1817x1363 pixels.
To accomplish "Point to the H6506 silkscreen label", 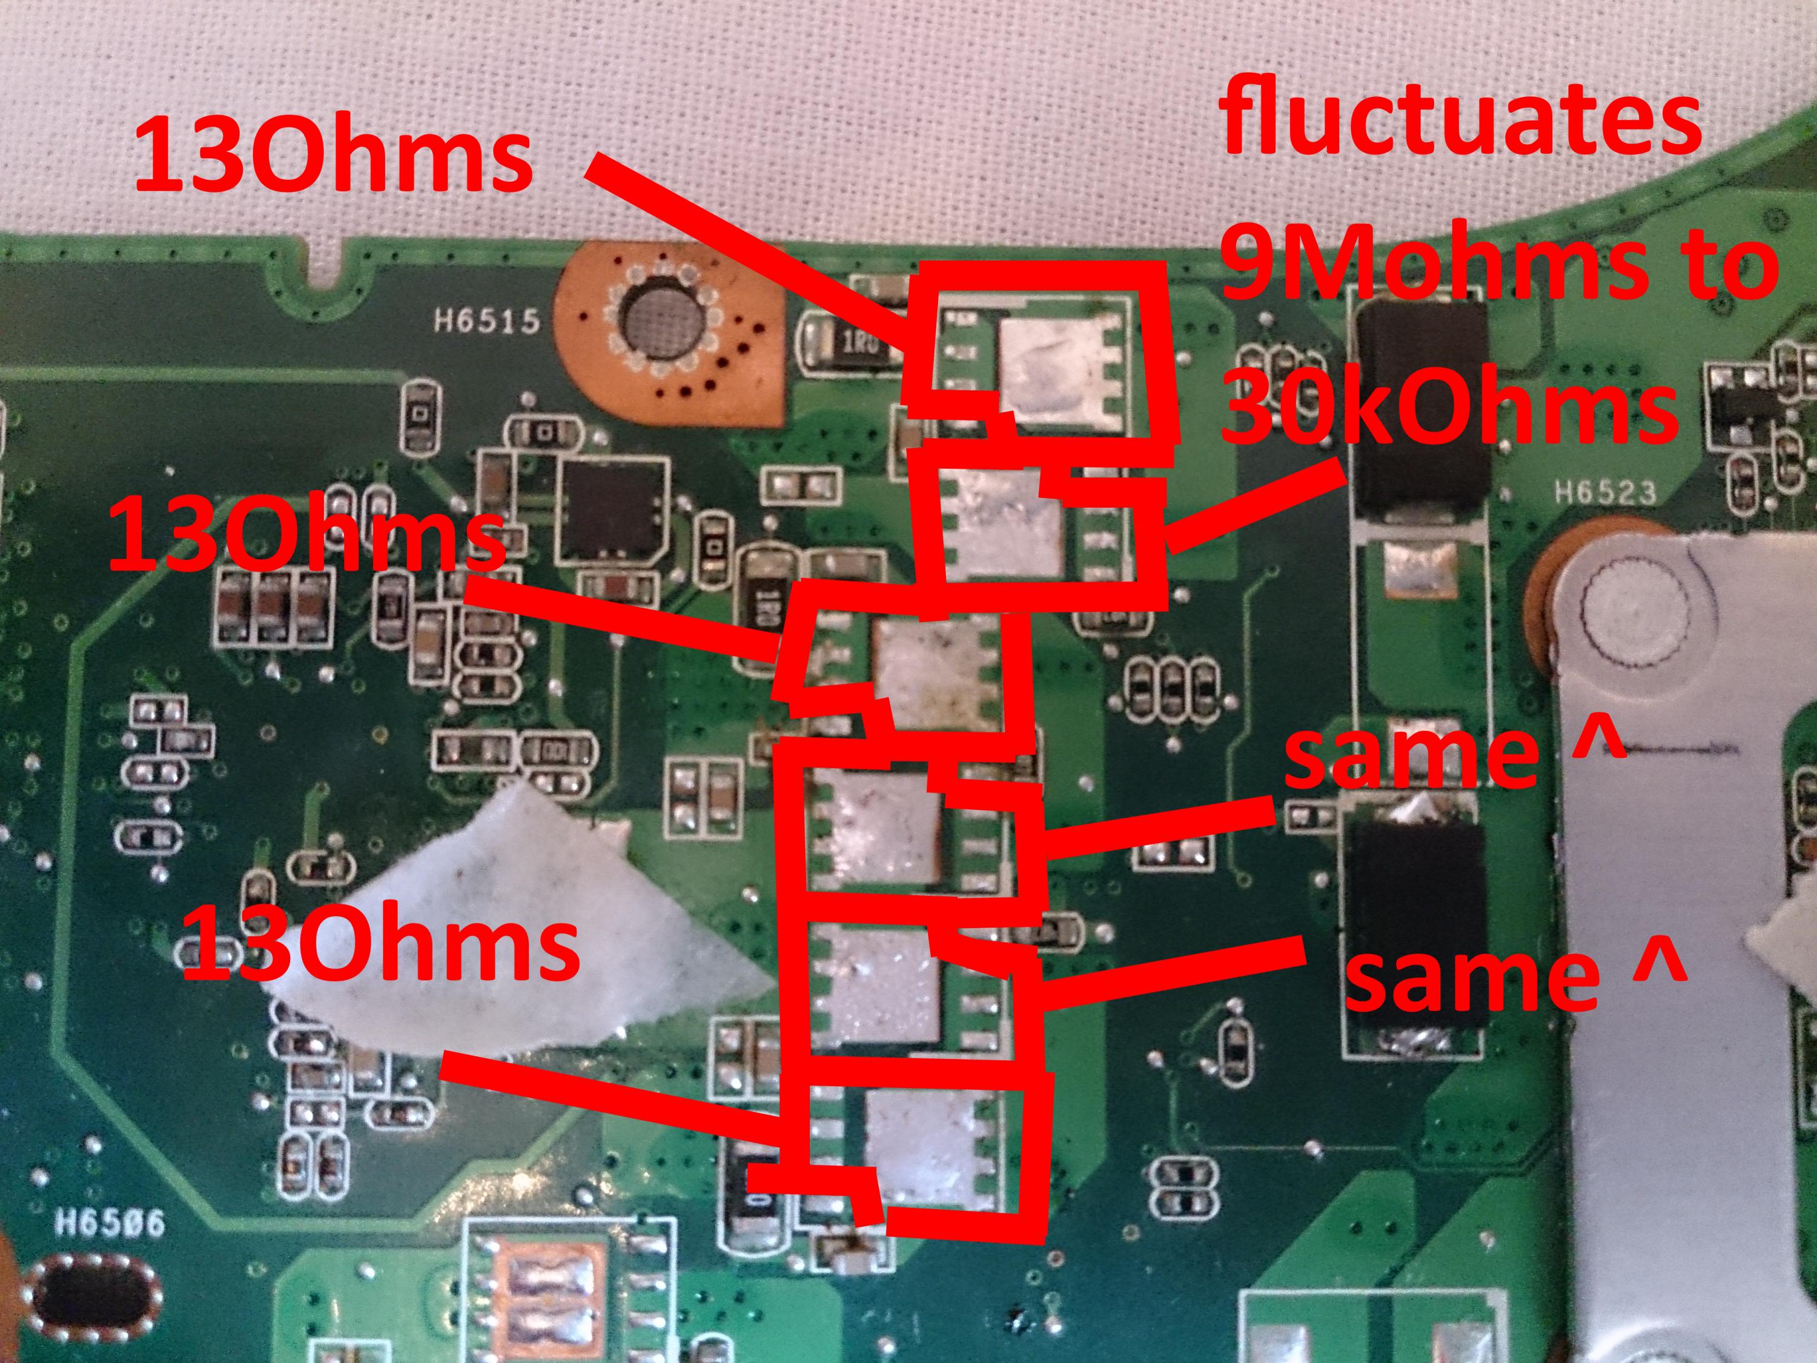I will click(109, 1225).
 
